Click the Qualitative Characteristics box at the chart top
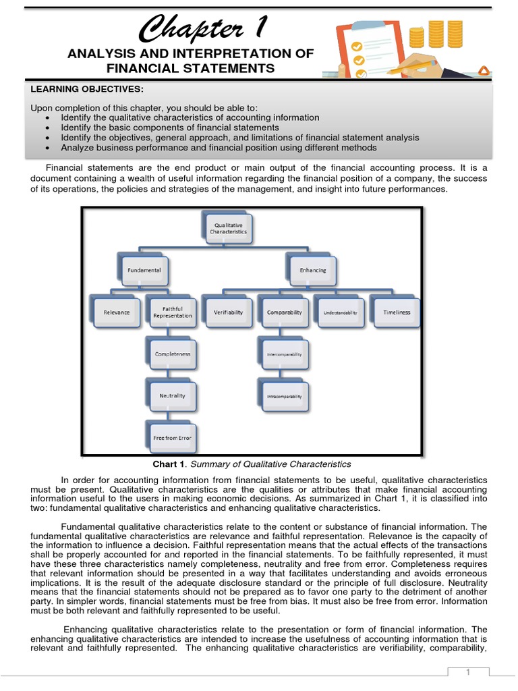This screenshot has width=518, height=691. (231, 227)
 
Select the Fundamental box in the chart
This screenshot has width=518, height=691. (144, 270)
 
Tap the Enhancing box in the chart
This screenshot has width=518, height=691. (312, 270)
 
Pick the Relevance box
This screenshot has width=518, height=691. (117, 312)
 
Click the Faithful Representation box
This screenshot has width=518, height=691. (172, 312)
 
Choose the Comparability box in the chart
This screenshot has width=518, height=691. (284, 312)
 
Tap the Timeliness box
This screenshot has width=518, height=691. (396, 312)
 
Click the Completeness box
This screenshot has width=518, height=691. (172, 354)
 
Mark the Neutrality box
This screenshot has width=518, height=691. (172, 395)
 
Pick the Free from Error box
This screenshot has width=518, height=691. (172, 438)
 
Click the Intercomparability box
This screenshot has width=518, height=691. (284, 354)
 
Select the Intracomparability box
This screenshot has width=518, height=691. (284, 396)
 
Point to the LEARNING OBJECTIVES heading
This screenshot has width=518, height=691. (87, 89)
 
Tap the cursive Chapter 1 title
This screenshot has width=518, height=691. (202, 28)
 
